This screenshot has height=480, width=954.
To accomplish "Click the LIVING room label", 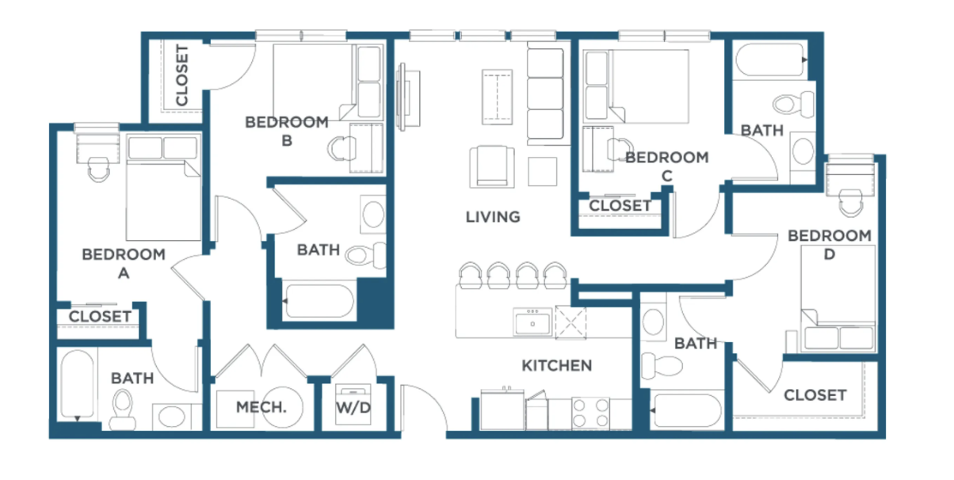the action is [x=493, y=217].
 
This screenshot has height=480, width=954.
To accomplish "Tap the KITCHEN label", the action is [x=557, y=365].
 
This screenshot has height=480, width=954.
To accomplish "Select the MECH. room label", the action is [x=261, y=407].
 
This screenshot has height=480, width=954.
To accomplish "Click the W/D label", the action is [x=353, y=408].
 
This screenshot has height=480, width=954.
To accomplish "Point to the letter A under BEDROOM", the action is [x=124, y=273].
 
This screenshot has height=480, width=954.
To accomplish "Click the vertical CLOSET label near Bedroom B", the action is [x=182, y=75].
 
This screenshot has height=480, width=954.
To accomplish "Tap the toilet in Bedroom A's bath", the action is [x=123, y=410].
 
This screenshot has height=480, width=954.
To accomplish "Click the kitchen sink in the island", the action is [x=532, y=322].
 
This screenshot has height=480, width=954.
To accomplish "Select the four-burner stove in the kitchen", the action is [x=590, y=413].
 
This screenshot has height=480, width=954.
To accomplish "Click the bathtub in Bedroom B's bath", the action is [x=319, y=301].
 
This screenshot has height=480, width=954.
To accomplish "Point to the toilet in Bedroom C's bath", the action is [x=793, y=104].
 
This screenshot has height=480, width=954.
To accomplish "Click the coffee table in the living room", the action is [x=497, y=97].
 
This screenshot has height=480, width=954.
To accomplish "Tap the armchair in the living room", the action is [x=492, y=166].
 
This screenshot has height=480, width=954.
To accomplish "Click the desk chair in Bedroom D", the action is [x=850, y=203].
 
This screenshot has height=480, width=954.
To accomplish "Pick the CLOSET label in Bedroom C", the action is [x=620, y=206].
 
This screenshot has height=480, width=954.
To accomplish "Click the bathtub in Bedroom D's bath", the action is [x=686, y=410].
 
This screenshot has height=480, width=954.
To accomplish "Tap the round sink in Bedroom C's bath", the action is [x=803, y=151].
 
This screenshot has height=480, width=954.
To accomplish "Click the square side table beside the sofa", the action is [x=542, y=172].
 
